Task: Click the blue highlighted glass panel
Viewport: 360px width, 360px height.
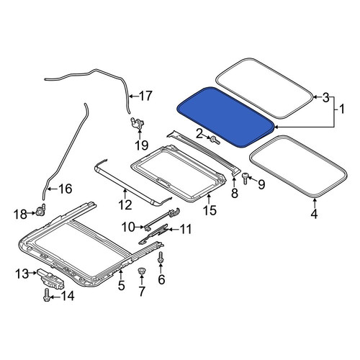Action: click(225, 117)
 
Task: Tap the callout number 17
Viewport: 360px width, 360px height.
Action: click(145, 96)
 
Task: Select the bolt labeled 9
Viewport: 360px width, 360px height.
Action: click(245, 178)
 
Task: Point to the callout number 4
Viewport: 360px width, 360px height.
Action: click(314, 213)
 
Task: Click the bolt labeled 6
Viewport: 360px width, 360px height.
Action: click(161, 258)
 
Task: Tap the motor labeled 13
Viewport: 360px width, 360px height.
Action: click(50, 279)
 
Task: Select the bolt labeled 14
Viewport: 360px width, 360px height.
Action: click(47, 294)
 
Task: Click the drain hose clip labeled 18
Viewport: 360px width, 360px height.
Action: click(41, 211)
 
